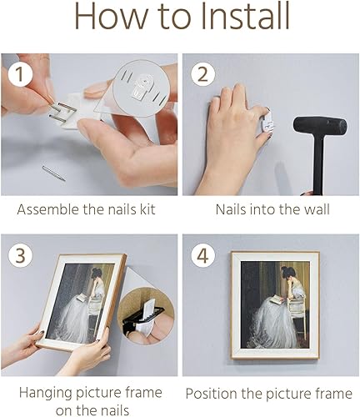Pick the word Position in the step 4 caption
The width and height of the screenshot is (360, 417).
point(212,392)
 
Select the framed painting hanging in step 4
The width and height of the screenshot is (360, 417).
point(274,305)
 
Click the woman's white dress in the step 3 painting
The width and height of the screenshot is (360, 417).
point(79,317)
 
